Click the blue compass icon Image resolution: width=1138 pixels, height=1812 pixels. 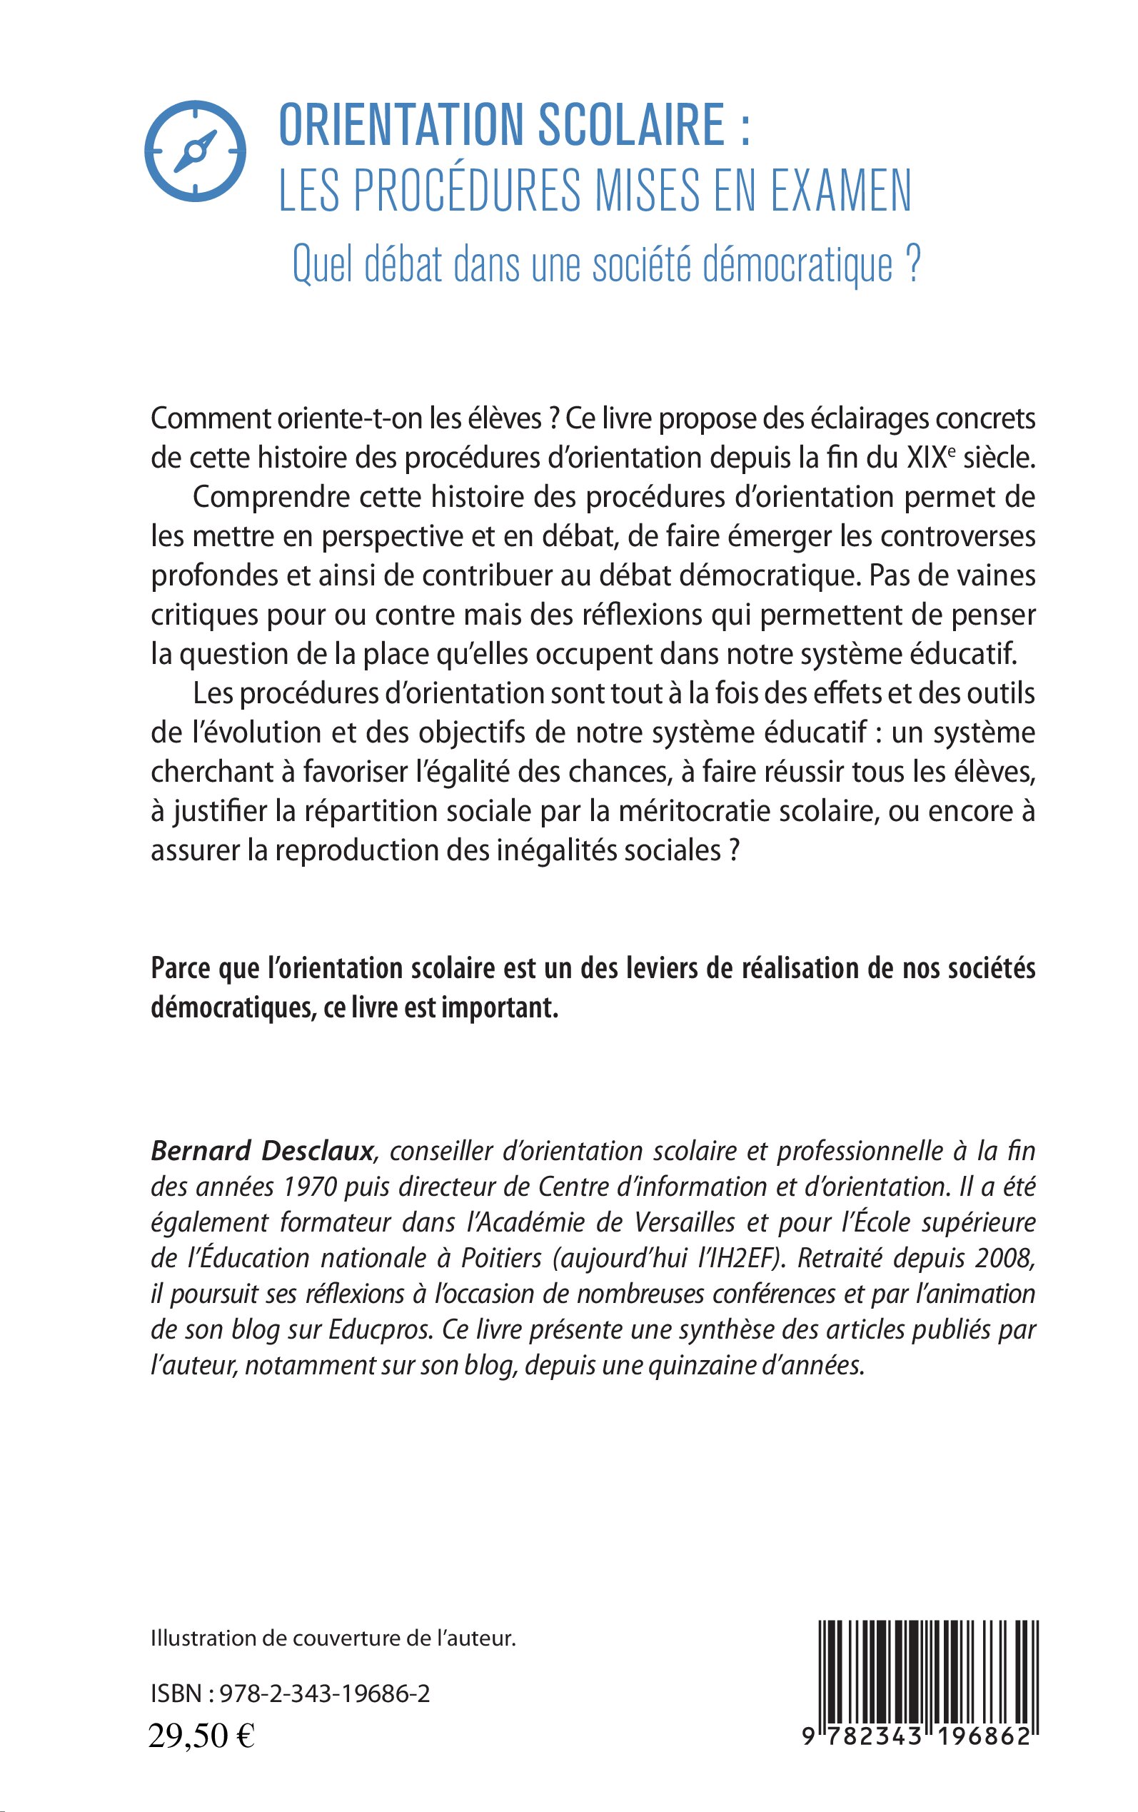pyautogui.click(x=195, y=151)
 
